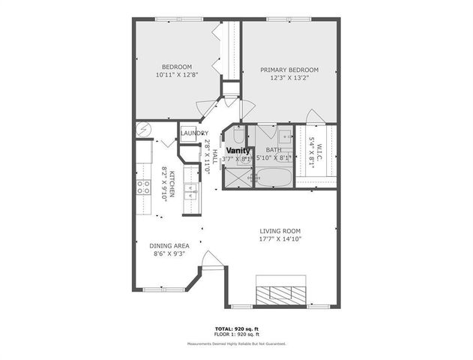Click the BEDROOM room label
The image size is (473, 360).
[x=172, y=65]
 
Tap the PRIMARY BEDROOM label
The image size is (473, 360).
[x=289, y=70]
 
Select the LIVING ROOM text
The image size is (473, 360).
[x=280, y=230]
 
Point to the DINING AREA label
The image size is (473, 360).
[x=169, y=245]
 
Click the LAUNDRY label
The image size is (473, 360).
[x=194, y=133]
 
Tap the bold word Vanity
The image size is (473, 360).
[x=239, y=150]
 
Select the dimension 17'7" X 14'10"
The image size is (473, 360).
[x=280, y=239]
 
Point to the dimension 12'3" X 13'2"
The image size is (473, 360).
[x=289, y=78]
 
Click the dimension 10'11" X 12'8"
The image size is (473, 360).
[x=172, y=74]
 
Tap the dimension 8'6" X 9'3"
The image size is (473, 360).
[x=169, y=253]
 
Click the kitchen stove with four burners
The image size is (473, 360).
[x=142, y=188]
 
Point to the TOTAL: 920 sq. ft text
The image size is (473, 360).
[x=236, y=328]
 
